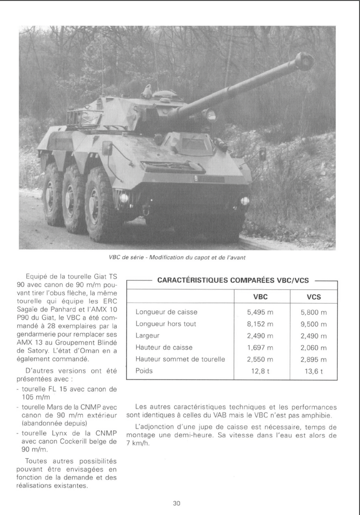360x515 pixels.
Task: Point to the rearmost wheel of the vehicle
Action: point(52,193)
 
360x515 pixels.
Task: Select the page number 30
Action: point(176,503)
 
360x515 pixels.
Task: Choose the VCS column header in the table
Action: point(314,297)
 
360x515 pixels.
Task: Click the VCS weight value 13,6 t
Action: point(314,371)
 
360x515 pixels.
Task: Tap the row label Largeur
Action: point(149,336)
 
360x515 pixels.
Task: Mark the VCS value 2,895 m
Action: point(314,359)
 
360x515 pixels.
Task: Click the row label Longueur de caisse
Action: point(167,312)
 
